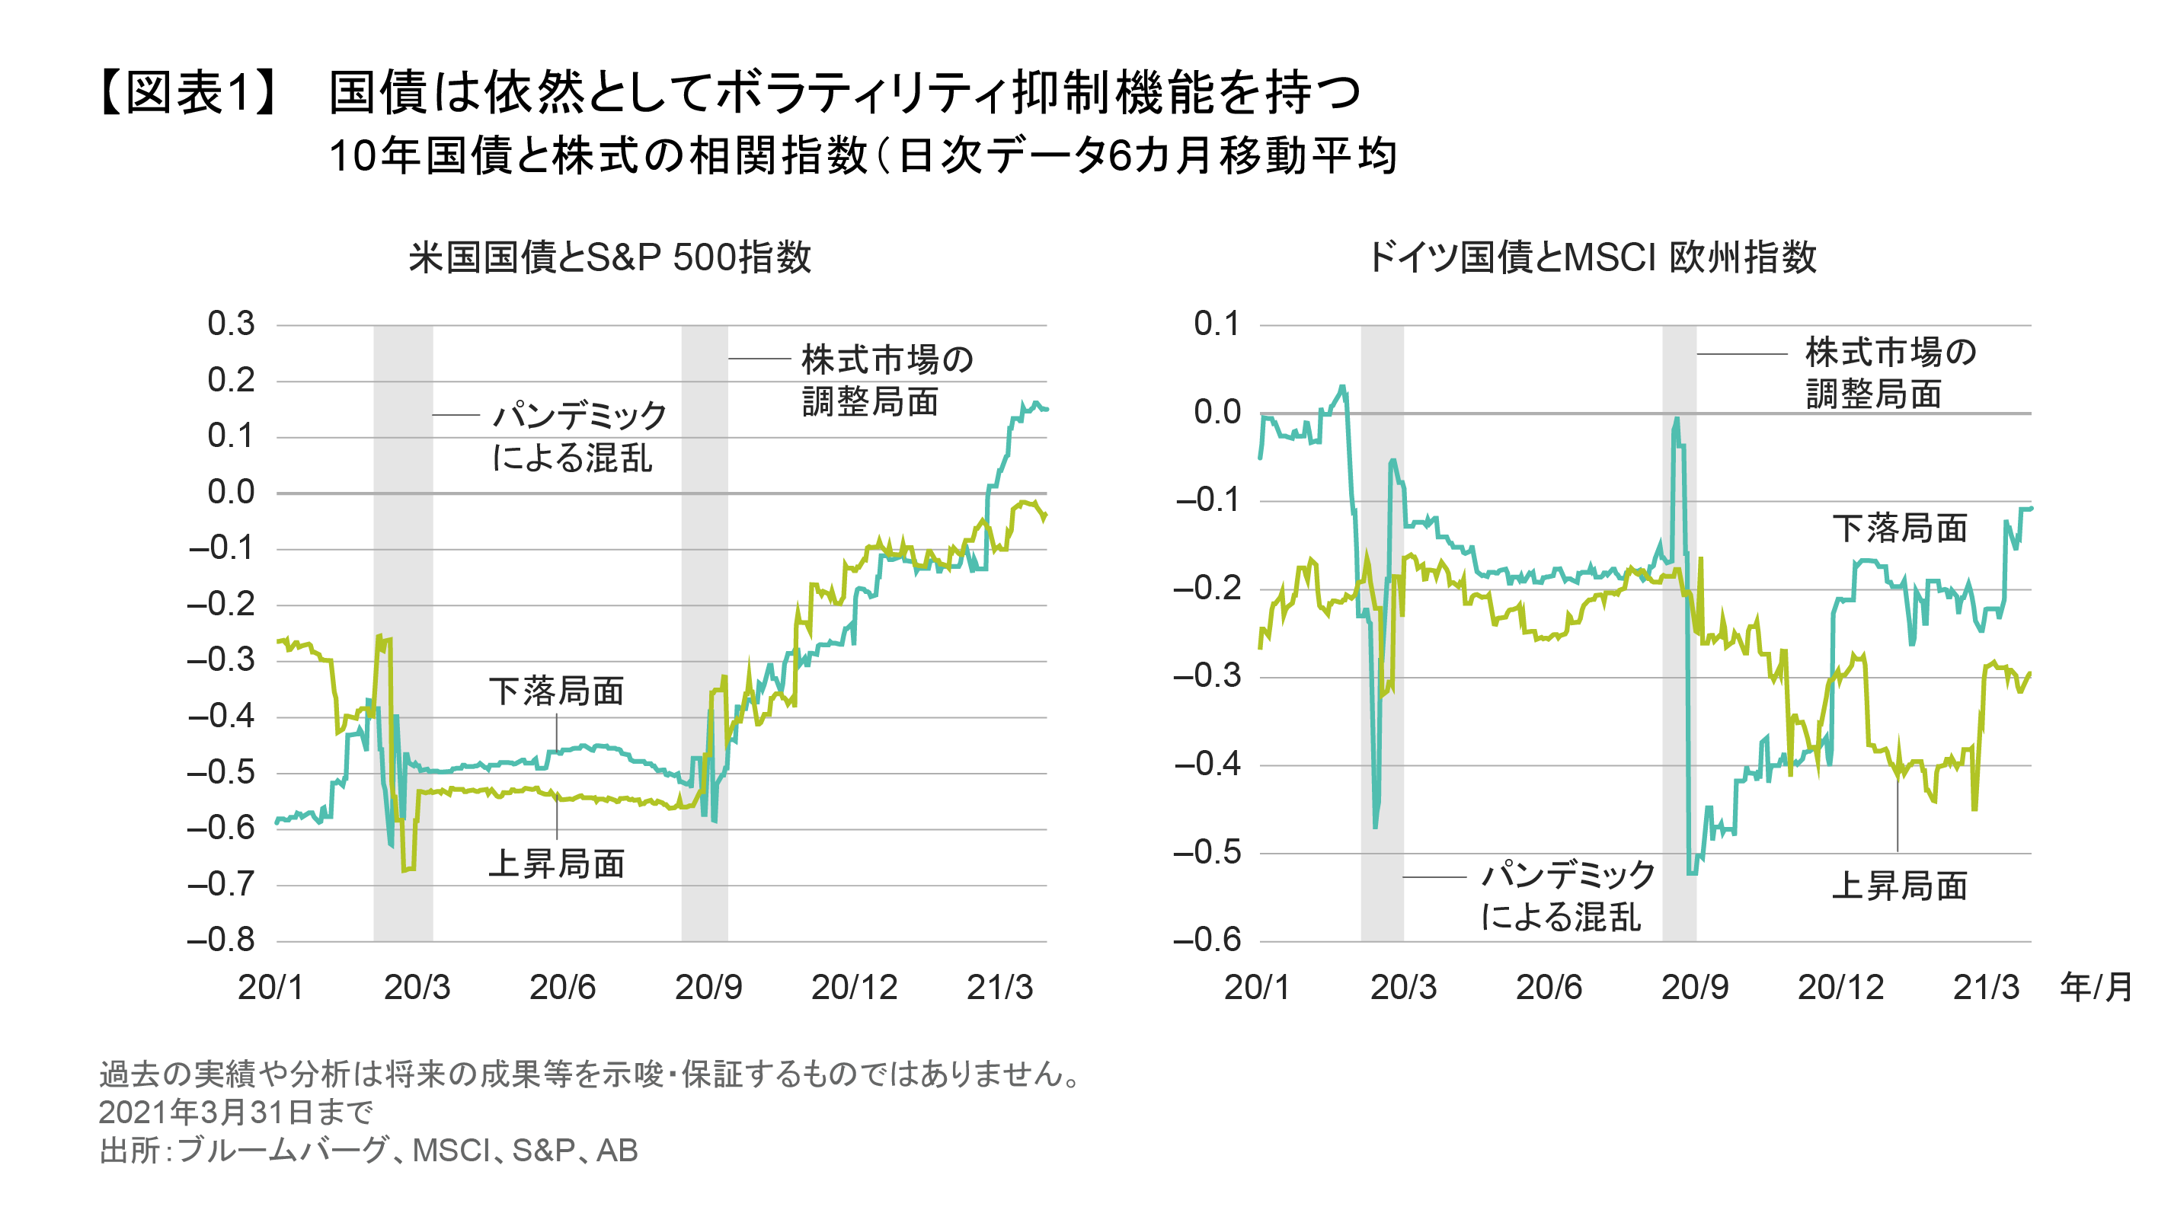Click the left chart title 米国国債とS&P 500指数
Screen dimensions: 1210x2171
coord(609,257)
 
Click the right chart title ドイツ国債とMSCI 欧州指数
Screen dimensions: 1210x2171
coord(1591,257)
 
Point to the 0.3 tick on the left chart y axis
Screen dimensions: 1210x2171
coord(231,324)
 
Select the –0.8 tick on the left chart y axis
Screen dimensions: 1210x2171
coord(221,940)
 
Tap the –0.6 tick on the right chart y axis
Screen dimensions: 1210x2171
coord(1207,940)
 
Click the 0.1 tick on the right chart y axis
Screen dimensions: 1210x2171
coord(1217,324)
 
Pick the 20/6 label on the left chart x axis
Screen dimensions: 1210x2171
coord(562,987)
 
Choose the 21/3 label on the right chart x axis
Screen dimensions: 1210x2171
coord(1986,987)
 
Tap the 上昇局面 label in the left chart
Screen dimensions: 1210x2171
coord(556,864)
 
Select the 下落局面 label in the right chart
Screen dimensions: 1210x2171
coord(1900,528)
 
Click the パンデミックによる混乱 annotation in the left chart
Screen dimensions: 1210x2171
coord(577,436)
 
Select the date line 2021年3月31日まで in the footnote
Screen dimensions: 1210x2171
coord(235,1113)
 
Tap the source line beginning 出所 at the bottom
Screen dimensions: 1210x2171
coord(367,1150)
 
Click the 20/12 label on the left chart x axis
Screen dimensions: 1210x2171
coord(854,987)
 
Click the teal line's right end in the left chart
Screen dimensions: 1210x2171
coord(1045,410)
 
